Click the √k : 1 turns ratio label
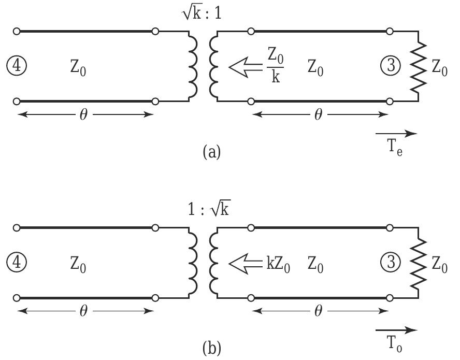pos(201,12)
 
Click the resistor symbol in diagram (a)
pos(419,67)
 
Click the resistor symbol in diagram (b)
pos(419,263)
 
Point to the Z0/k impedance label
pos(276,67)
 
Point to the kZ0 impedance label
pos(278,265)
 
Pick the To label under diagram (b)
pos(395,344)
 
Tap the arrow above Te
pos(396,134)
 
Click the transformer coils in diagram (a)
pos(204,66)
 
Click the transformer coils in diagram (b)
pos(204,263)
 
